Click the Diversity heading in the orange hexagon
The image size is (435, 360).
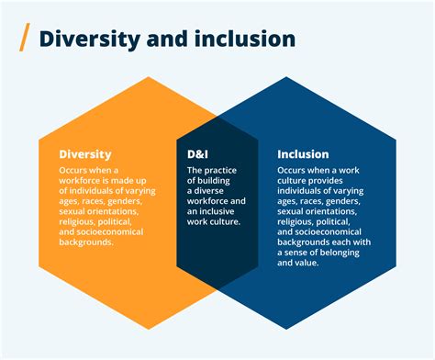tap(84, 154)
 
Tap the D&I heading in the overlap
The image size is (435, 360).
tap(198, 154)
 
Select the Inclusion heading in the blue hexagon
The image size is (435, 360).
tap(303, 154)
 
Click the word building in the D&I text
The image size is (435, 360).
tap(215, 181)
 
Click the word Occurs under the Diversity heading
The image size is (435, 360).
tap(74, 171)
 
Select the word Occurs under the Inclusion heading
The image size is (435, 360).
tap(293, 171)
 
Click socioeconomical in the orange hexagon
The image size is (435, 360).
tap(111, 231)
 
